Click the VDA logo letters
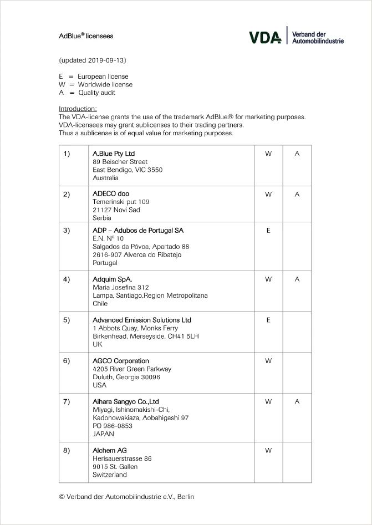click(x=266, y=37)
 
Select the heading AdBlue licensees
click(x=86, y=36)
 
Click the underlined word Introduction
click(x=78, y=109)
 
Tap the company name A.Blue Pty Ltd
click(x=114, y=154)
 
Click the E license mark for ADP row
click(x=268, y=230)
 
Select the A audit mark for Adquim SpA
click(x=297, y=279)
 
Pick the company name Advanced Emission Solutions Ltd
click(x=142, y=320)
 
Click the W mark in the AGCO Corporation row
click(x=268, y=361)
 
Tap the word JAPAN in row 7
click(x=103, y=434)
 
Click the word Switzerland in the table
click(x=110, y=475)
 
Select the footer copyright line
click(x=126, y=497)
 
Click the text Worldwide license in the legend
click(x=105, y=85)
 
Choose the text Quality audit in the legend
click(x=96, y=93)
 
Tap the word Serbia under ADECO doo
click(x=102, y=218)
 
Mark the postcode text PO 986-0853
click(x=113, y=426)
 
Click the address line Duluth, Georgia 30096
click(x=126, y=377)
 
